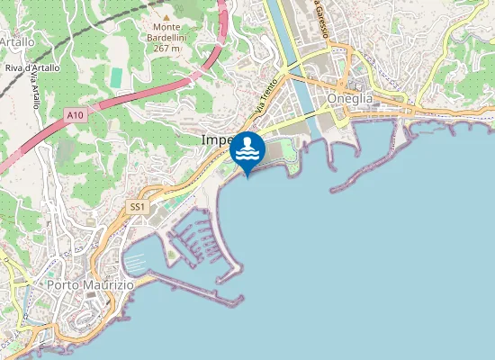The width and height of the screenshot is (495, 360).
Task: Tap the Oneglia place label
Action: click(351, 98)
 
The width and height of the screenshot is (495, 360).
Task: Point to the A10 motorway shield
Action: click(75, 115)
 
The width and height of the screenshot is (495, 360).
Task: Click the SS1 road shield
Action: click(137, 207)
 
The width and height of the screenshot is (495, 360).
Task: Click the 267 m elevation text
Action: click(166, 49)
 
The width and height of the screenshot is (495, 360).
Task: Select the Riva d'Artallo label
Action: click(31, 67)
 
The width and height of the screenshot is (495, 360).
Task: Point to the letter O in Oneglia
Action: click(333, 98)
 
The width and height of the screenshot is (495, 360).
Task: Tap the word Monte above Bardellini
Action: click(166, 27)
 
